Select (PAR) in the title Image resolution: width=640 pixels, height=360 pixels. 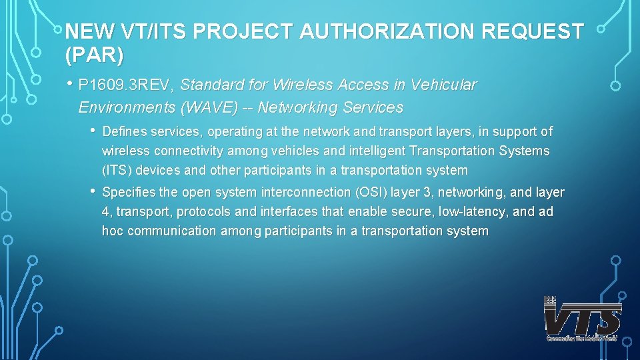pos(94,55)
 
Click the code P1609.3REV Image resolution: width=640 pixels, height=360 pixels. pos(126,85)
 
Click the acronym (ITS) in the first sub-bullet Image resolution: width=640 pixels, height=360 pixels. pos(117,170)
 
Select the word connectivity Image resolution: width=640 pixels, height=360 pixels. pos(183,151)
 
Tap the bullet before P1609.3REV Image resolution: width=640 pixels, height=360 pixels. pos(70,85)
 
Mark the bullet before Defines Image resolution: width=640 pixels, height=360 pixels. pos(94,130)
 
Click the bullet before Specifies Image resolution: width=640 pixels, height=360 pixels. pos(94,191)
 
